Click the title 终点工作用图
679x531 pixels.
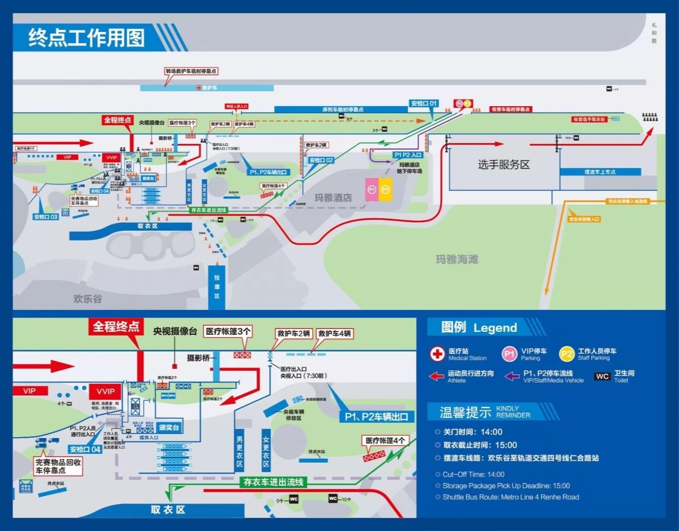point(87,38)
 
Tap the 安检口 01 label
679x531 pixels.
point(423,103)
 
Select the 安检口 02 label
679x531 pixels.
point(321,160)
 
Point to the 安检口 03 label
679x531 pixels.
point(46,217)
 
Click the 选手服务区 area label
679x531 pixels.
point(503,165)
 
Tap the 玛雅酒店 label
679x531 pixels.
point(333,198)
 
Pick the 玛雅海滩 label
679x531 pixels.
point(457,259)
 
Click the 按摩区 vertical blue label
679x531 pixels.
point(217,287)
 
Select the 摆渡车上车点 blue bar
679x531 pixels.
point(599,172)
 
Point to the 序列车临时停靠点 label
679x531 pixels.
point(343,110)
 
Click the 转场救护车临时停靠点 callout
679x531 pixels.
point(191,71)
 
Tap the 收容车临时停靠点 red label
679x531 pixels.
point(510,109)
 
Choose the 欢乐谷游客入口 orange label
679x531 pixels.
point(584,219)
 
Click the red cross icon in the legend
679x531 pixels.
point(437,354)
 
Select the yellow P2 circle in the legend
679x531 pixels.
point(566,354)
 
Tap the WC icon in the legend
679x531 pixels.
point(602,377)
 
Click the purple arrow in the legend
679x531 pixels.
point(512,377)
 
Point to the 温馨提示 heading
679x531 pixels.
point(465,412)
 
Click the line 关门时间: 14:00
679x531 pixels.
point(472,432)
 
